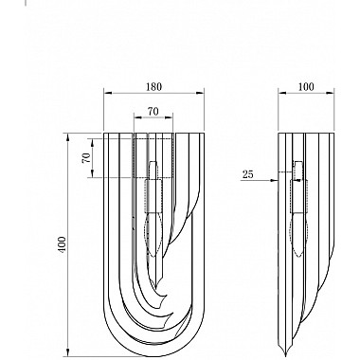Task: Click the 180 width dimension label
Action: pos(153,86)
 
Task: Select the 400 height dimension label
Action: pos(62,244)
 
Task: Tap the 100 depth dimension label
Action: pos(306,86)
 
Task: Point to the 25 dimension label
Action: pos(248,174)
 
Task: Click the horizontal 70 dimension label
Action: pos(153,111)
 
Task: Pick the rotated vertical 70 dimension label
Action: pos(86,157)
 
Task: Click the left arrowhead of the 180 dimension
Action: pos(108,93)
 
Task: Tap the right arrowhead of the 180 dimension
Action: pos(200,93)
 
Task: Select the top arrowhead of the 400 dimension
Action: pos(67,137)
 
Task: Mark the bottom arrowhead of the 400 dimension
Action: pos(67,352)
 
